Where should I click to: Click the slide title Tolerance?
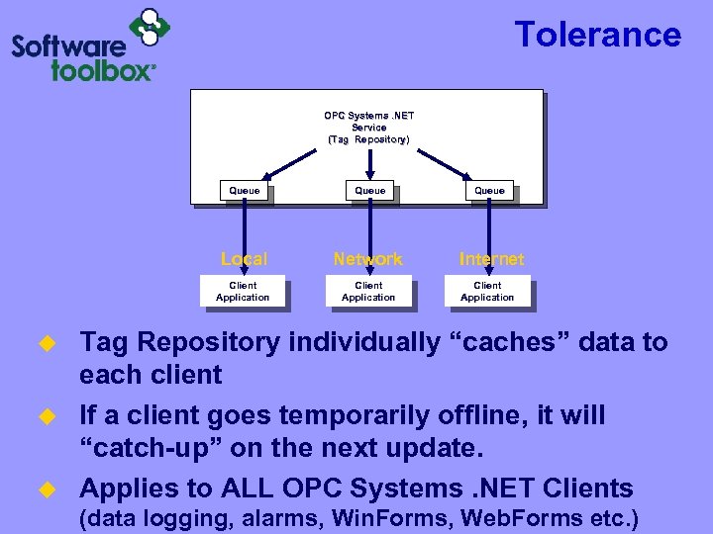pos(597,35)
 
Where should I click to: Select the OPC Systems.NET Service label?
pos(368,128)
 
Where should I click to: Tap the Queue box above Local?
pos(245,191)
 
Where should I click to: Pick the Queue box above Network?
pos(370,191)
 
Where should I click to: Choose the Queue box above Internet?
pos(489,191)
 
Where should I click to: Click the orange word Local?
pos(244,259)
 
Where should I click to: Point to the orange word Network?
pos(368,259)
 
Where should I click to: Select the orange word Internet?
pos(491,259)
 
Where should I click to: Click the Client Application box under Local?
pos(243,292)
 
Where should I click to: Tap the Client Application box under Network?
pos(368,292)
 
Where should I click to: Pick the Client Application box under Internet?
pos(487,292)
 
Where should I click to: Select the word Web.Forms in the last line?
pos(499,518)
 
